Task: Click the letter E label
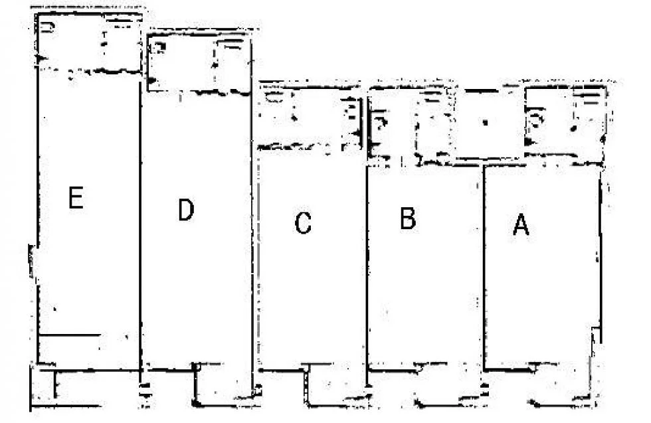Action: coord(76,198)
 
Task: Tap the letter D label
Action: coord(185,210)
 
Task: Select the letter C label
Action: coord(303,223)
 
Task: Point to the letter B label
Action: coord(408,218)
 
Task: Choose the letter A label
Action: coord(521,224)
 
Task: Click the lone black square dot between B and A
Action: coord(485,122)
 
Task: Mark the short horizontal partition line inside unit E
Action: coord(70,335)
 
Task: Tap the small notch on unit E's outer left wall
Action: coord(32,261)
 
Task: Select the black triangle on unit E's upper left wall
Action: coord(41,58)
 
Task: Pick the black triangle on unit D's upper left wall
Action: coord(152,80)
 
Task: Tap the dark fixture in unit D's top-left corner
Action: coord(159,47)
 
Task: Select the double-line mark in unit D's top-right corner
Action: coord(230,44)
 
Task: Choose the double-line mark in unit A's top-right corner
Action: coord(591,98)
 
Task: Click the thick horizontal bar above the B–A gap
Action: coord(481,91)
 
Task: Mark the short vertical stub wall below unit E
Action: coord(56,384)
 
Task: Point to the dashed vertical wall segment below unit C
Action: coord(306,384)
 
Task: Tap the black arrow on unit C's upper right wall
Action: coord(357,133)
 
